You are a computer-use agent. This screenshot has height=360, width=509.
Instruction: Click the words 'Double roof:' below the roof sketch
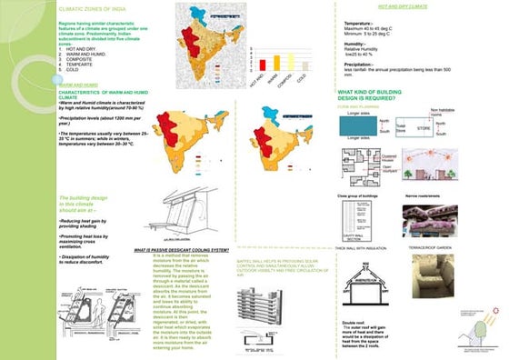coord(353,319)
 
